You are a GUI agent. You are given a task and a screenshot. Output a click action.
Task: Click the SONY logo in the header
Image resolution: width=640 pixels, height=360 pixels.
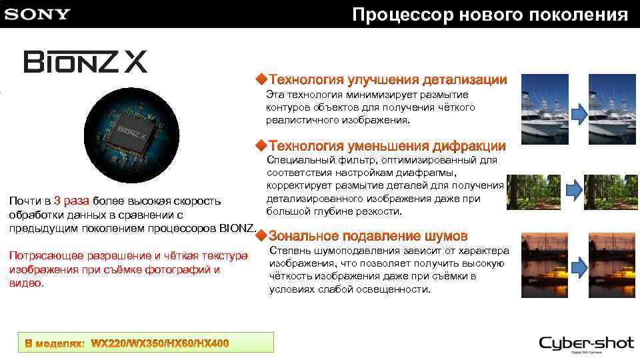(x=37, y=14)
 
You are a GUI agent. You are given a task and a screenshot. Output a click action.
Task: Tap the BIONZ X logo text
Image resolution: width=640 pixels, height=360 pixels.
(x=86, y=62)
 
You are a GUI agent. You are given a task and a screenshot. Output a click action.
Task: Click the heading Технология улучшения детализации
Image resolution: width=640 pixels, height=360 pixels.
(x=387, y=80)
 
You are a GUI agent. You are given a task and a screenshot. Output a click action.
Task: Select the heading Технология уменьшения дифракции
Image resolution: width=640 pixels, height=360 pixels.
(x=387, y=145)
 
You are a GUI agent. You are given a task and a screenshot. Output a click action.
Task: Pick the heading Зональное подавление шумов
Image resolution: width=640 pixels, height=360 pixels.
(x=368, y=236)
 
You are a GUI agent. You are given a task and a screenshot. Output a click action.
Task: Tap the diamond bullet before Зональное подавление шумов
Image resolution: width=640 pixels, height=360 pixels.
(x=262, y=235)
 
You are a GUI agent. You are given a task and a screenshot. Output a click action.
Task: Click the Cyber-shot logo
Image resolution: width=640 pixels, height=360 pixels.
(x=586, y=344)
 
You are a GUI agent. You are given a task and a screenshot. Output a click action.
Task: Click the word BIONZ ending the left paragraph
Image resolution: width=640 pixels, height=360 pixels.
(x=237, y=229)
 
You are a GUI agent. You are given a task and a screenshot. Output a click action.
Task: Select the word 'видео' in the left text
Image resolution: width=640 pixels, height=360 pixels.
(x=25, y=283)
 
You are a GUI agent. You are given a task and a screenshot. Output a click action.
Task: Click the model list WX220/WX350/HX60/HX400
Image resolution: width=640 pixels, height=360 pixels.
(x=160, y=343)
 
